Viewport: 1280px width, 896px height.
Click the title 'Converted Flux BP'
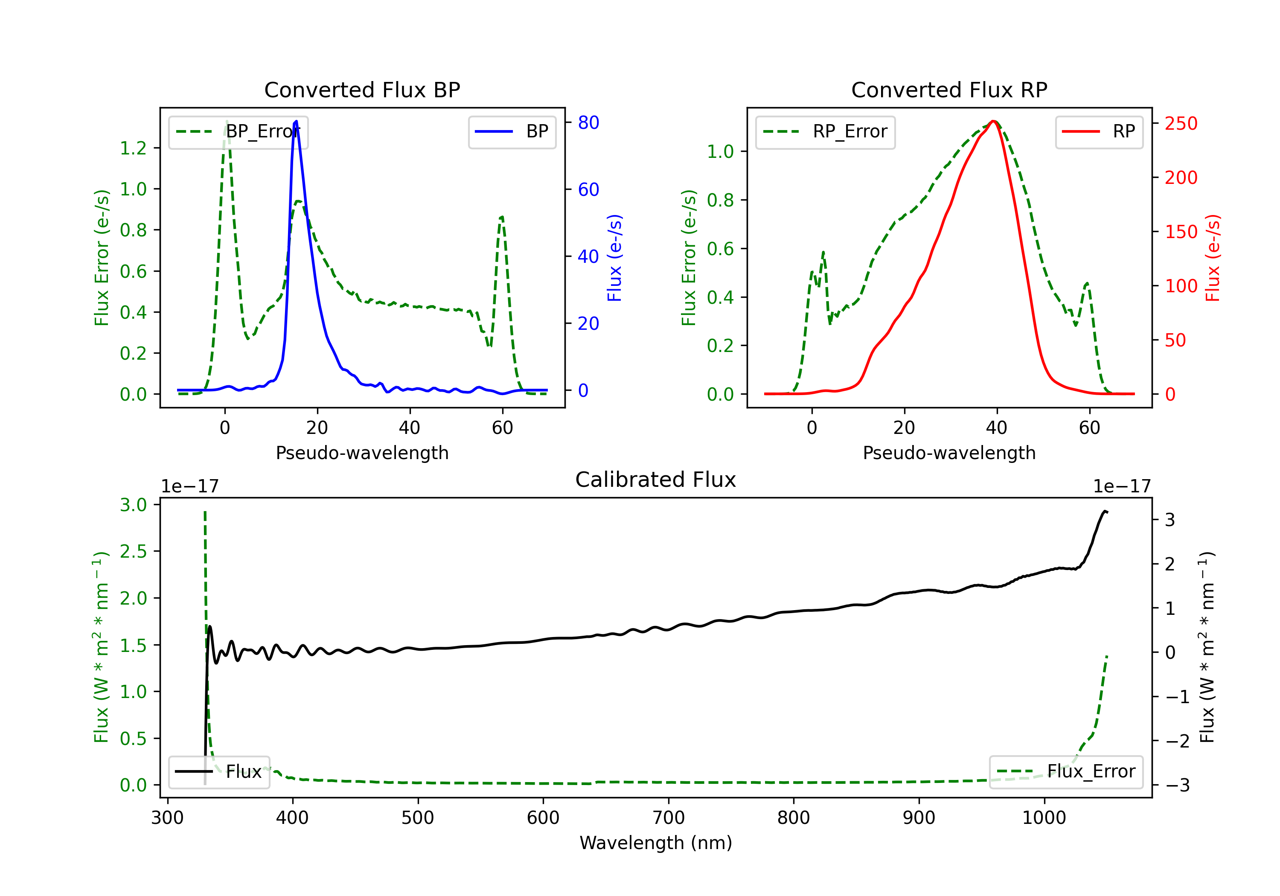pos(362,90)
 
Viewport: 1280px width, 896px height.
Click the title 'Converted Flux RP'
pos(949,90)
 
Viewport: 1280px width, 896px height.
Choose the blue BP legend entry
pos(512,131)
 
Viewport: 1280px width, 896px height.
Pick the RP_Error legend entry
pos(825,131)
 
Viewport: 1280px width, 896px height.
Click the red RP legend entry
pos(1099,131)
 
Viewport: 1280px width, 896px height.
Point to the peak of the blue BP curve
pos(296,121)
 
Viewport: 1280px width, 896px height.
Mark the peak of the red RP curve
pos(993,121)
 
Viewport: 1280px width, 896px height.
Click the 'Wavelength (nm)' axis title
pos(656,843)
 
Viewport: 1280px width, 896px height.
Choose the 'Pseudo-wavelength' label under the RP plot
pos(949,453)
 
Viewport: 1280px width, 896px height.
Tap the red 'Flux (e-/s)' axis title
pos(1213,258)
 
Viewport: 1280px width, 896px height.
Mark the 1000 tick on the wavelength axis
pos(1044,817)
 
